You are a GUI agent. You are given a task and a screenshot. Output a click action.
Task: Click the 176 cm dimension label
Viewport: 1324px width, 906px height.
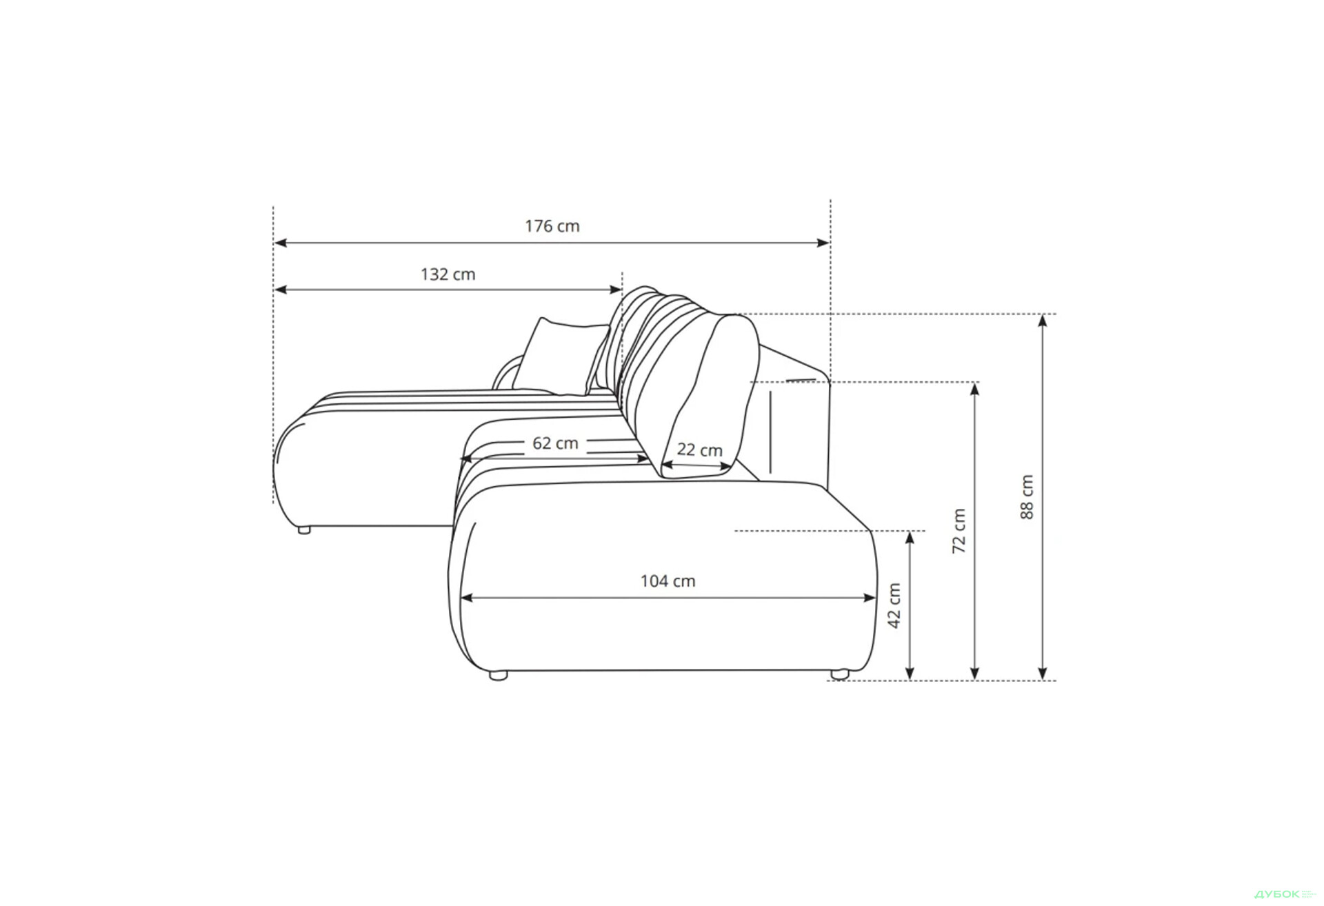pos(552,226)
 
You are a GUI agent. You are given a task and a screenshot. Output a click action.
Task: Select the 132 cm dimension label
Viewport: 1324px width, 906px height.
pos(448,274)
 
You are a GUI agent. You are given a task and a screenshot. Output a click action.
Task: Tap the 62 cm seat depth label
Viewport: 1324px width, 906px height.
pos(555,443)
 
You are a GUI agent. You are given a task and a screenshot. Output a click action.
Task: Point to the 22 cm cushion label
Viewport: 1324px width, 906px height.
pos(699,450)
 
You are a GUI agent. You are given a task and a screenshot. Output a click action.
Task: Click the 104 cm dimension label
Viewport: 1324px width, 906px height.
pos(668,581)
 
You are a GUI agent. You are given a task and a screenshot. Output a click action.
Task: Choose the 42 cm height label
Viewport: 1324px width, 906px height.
pos(894,605)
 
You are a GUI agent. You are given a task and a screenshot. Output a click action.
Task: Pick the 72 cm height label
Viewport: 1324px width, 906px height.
pos(959,531)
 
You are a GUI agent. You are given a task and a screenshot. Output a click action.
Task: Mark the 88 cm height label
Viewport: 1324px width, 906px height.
pos(1027,496)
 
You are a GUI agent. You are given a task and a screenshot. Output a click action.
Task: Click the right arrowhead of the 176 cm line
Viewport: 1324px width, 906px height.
pos(823,243)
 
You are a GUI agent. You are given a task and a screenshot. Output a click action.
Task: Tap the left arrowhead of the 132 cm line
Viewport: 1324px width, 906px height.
pos(281,290)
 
